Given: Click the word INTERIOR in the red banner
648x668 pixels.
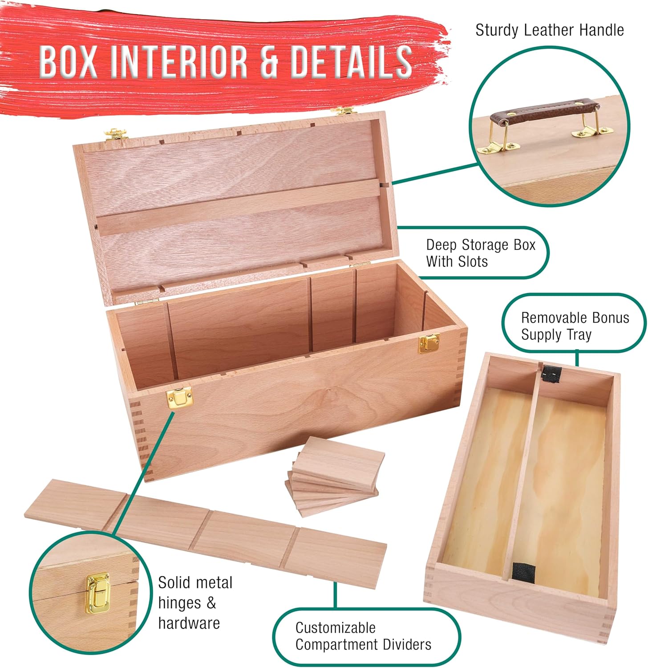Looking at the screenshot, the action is click(178, 61).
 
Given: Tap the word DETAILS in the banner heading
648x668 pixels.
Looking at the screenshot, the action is click(351, 61).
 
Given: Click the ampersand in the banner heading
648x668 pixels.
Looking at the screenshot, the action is click(269, 61).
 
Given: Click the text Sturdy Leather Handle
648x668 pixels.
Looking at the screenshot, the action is click(550, 30).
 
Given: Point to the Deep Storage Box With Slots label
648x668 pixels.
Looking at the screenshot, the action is click(481, 253).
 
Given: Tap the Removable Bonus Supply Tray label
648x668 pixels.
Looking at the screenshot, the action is click(575, 326).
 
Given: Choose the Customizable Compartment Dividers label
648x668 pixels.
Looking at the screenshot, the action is click(363, 636).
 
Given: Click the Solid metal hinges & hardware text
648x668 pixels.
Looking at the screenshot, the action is click(195, 603).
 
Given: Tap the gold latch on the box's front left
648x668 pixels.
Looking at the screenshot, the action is click(179, 397).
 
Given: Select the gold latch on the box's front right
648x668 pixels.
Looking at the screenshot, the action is click(429, 342).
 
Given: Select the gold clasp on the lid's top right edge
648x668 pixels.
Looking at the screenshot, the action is click(345, 110).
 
